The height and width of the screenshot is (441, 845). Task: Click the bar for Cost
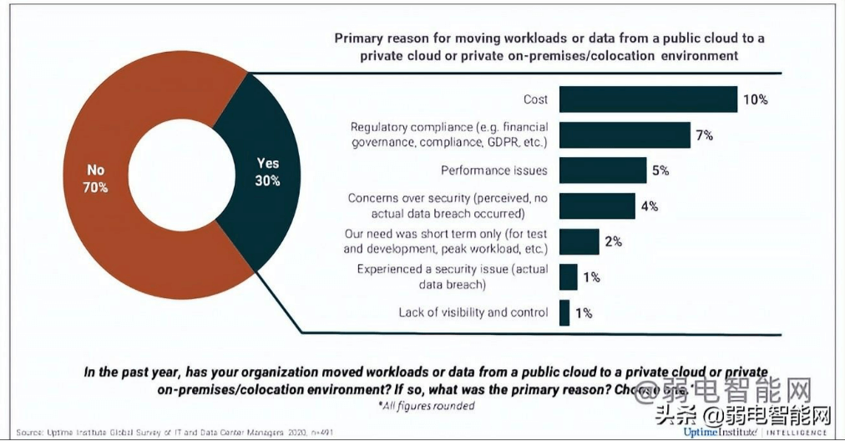click(648, 99)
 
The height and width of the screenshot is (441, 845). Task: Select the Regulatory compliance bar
click(625, 135)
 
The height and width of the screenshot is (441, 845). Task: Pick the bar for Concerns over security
click(597, 205)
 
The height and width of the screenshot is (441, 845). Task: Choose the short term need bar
click(579, 241)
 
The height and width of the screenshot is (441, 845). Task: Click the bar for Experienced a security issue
click(569, 276)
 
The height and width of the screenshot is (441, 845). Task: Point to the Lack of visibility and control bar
click(565, 312)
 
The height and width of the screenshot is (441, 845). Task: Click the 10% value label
click(755, 99)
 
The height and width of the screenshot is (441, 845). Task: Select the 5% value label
click(660, 170)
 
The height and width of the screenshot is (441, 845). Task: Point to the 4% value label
click(649, 205)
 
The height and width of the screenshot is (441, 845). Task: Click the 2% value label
click(613, 241)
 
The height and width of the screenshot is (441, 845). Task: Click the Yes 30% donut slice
click(266, 171)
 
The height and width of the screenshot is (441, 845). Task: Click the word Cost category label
click(535, 99)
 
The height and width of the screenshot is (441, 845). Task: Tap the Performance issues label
click(494, 170)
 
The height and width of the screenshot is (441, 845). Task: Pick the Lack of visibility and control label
click(473, 312)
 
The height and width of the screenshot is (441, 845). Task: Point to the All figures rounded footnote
click(426, 406)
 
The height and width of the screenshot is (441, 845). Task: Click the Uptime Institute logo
click(720, 433)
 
